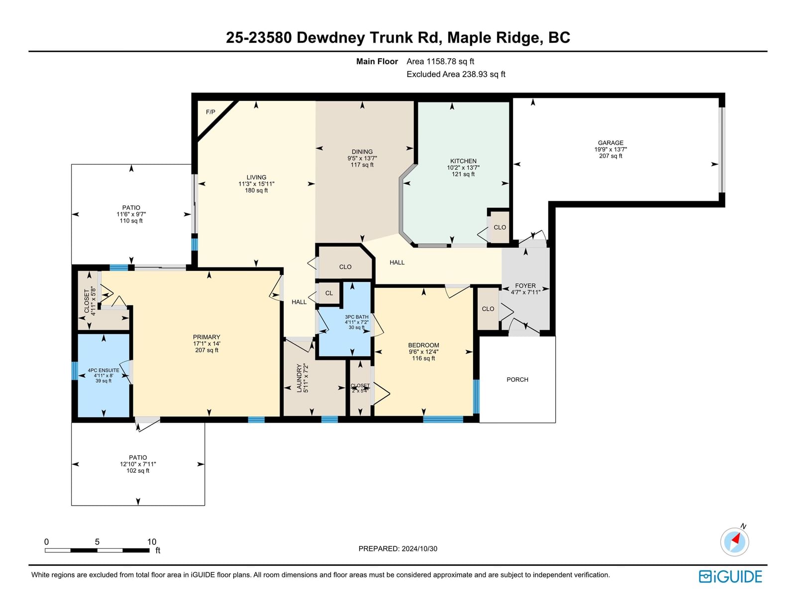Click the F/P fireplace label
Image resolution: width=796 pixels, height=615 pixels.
(210, 112)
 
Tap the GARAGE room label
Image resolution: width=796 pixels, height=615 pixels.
(610, 143)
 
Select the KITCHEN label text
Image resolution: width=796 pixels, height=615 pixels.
(463, 161)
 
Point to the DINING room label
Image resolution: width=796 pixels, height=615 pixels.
(362, 152)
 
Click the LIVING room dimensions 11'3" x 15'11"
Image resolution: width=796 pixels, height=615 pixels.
(256, 184)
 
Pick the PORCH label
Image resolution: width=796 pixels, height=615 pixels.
(517, 380)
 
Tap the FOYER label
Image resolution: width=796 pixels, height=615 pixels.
(525, 285)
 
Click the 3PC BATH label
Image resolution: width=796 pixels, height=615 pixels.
(356, 317)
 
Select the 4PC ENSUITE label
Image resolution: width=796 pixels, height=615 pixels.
(103, 370)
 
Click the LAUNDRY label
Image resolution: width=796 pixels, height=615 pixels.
(299, 378)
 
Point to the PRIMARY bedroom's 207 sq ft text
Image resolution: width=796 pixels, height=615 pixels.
(206, 350)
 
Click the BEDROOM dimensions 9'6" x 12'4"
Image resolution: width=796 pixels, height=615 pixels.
(423, 351)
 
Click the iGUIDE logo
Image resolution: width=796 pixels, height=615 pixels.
(730, 577)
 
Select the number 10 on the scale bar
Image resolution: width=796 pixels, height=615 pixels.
(152, 542)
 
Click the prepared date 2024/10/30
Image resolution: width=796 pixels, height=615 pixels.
(419, 548)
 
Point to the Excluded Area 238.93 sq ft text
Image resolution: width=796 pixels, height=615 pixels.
(456, 74)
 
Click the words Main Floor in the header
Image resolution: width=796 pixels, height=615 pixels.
(377, 62)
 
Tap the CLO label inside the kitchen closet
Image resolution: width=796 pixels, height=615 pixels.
(499, 227)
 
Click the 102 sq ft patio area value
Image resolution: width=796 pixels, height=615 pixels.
(138, 470)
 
